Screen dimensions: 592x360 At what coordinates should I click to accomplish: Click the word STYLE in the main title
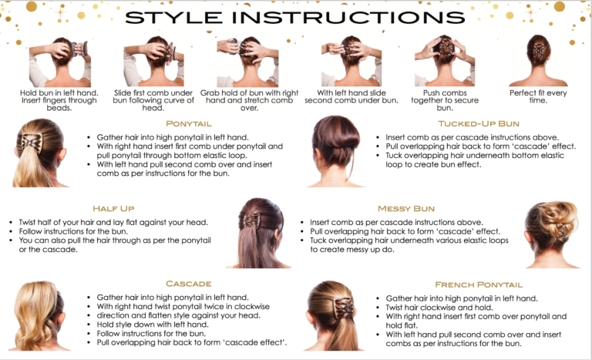173,18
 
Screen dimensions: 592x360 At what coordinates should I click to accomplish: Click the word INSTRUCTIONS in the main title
348,18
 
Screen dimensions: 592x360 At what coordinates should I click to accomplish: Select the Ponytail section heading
188,124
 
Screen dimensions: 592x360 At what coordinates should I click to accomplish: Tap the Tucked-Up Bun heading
479,124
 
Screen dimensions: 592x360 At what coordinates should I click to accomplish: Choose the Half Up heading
113,208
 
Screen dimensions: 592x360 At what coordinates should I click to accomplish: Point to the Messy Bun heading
406,208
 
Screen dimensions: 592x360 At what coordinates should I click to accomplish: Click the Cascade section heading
188,284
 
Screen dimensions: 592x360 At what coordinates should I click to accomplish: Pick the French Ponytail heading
479,284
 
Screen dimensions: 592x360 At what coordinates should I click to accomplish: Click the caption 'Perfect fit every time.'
538,96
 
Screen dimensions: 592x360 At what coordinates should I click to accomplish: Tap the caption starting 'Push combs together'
445,100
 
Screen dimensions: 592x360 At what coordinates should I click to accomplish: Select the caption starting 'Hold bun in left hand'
59,100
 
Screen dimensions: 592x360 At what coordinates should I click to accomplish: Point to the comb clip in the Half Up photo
251,220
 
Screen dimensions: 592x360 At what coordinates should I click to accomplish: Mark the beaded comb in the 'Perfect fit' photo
537,54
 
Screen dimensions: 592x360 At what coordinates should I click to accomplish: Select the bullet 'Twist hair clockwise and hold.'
439,308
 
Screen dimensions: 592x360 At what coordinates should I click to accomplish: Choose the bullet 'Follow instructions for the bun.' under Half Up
73,231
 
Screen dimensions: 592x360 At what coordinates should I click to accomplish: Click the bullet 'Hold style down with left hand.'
153,325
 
